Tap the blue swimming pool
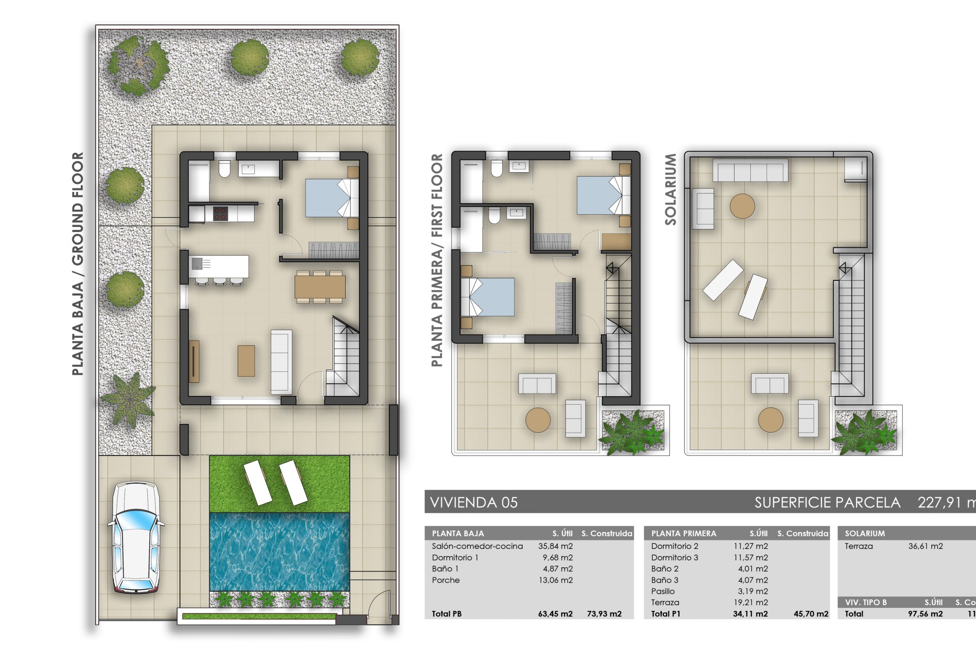point(280,551)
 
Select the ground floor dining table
point(320,286)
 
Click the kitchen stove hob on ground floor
point(219,213)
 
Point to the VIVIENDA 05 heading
point(474,503)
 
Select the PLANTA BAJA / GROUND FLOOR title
point(78,264)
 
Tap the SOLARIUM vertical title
point(670,189)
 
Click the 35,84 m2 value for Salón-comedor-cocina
point(555,546)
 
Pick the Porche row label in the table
point(446,580)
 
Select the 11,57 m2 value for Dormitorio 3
point(752,558)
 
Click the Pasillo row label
point(663,591)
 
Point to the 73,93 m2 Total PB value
point(604,614)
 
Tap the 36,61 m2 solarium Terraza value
point(925,546)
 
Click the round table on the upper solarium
point(742,206)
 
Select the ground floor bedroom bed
point(331,198)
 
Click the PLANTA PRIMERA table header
point(684,533)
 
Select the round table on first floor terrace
point(538,420)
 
